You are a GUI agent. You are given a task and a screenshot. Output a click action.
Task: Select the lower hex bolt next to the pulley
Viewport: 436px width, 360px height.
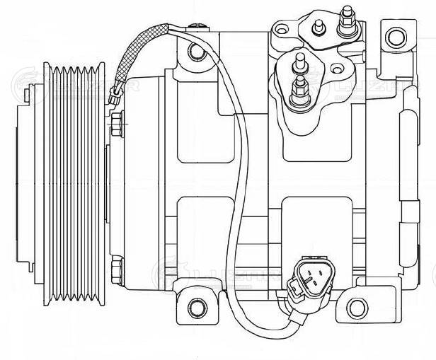[117, 268]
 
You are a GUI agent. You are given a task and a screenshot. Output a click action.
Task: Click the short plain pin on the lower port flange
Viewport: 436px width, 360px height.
[301, 62]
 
